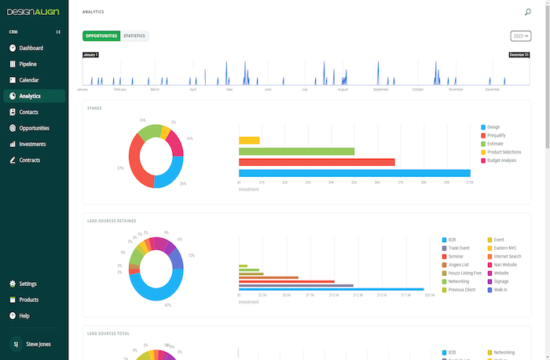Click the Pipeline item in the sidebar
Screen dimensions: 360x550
point(27,64)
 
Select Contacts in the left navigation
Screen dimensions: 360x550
point(28,112)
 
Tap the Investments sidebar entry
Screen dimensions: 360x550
point(32,144)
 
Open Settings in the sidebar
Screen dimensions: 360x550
point(27,284)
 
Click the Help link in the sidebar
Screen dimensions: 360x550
point(24,316)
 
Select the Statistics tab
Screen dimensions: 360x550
point(134,36)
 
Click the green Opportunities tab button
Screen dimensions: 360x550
point(101,36)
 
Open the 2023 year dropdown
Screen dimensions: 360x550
point(520,36)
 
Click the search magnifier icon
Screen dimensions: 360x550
point(527,13)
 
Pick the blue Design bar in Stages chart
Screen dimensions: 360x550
point(354,173)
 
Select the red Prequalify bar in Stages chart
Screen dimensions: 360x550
point(317,162)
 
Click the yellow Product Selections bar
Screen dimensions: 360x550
point(249,140)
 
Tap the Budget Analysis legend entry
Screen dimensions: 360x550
point(501,160)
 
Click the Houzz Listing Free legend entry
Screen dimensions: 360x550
point(466,273)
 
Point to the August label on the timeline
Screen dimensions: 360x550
point(343,90)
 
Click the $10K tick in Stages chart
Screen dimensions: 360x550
point(469,182)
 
